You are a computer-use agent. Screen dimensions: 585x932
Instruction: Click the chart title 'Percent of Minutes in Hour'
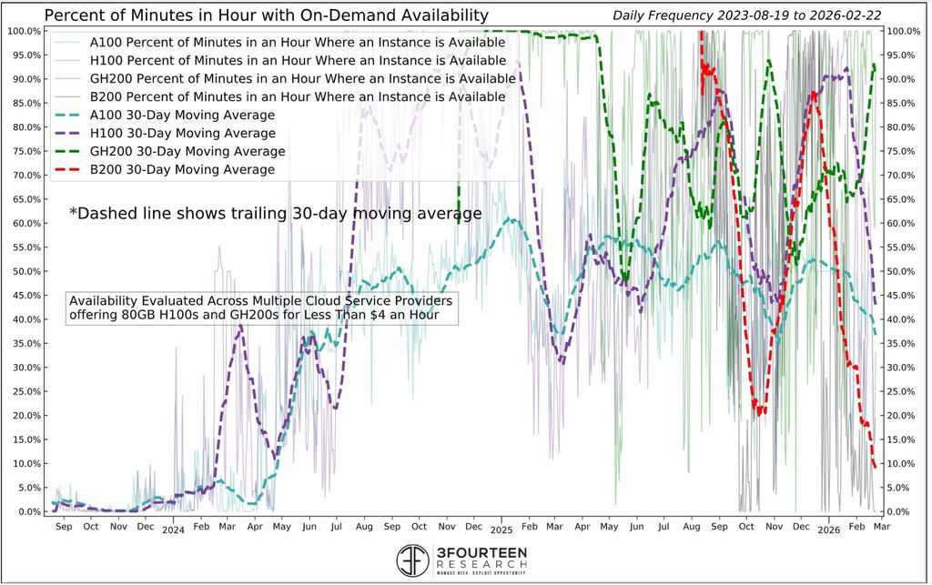[266, 15]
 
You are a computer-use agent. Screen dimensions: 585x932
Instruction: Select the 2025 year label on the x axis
[501, 539]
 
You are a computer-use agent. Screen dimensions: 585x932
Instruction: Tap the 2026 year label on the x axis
[827, 539]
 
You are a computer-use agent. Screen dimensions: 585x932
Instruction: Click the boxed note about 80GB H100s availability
[262, 308]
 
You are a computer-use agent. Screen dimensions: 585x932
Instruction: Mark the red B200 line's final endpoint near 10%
[875, 467]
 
